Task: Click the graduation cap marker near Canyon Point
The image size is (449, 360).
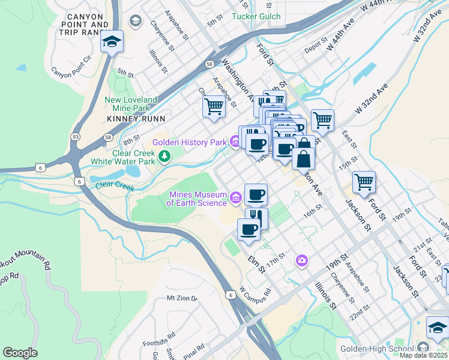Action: click(112, 42)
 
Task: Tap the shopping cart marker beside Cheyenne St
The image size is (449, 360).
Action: click(214, 107)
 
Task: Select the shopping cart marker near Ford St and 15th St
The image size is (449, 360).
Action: click(364, 181)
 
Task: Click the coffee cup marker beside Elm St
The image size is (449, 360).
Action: click(249, 229)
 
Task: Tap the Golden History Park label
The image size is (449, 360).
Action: click(188, 142)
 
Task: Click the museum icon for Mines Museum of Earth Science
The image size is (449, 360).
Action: click(236, 196)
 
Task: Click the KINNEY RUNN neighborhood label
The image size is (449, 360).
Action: click(132, 119)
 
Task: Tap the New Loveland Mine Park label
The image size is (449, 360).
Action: click(130, 104)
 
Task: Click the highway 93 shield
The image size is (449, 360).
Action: click(76, 137)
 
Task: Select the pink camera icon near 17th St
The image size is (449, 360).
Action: click(301, 260)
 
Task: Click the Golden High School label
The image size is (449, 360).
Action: click(377, 349)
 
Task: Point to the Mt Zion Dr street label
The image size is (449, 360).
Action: click(182, 298)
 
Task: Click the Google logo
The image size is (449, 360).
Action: click(20, 353)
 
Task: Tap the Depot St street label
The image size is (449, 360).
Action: click(315, 46)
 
